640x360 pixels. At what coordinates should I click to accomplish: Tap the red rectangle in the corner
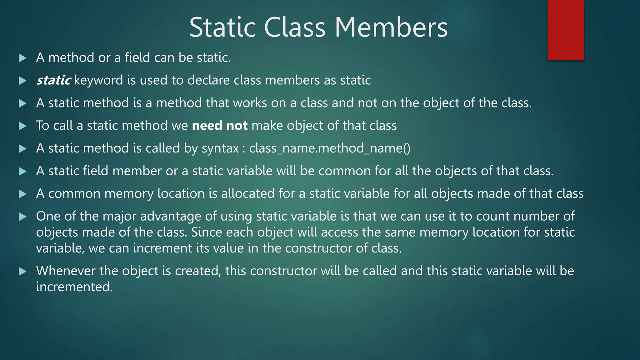(566, 30)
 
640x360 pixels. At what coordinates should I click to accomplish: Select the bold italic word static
(53, 80)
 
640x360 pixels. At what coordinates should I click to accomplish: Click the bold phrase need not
(220, 126)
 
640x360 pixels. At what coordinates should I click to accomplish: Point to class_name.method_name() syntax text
(330, 148)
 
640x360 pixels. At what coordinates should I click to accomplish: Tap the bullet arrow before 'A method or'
(22, 58)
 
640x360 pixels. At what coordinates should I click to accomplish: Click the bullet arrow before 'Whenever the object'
(22, 271)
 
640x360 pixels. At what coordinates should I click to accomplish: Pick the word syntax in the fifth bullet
(220, 148)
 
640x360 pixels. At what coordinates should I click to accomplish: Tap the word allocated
(248, 193)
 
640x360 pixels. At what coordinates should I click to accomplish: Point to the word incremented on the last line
(74, 287)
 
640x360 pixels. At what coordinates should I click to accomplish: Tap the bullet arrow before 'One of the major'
(22, 217)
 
